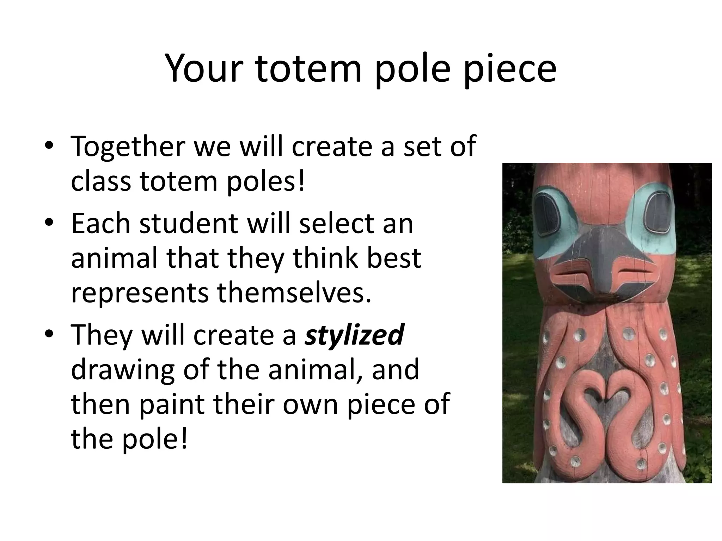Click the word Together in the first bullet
coord(127,146)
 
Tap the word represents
coord(140,293)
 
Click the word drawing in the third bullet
coord(122,369)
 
